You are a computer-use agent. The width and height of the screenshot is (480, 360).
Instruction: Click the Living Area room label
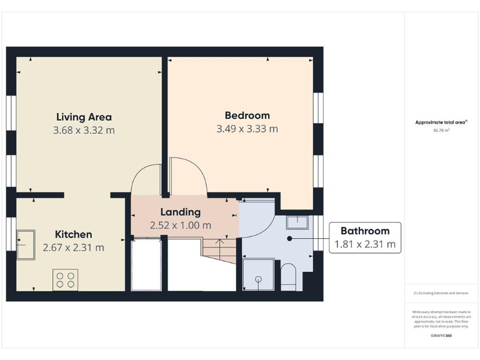(x=84, y=117)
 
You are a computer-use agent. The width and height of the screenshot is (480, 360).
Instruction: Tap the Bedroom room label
(x=247, y=116)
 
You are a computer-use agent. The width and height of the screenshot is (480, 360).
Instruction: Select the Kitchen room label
(x=73, y=234)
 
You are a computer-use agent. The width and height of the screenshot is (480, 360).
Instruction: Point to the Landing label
(x=180, y=212)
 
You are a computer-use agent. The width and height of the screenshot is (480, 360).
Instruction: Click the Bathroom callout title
(x=364, y=231)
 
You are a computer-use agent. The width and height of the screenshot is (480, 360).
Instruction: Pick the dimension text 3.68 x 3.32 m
(x=84, y=131)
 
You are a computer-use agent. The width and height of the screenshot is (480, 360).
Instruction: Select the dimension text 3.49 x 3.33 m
(x=247, y=129)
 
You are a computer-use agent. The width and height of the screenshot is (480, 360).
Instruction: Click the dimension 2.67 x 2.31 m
(x=73, y=248)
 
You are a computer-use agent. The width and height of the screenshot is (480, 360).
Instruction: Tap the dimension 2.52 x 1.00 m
(x=180, y=226)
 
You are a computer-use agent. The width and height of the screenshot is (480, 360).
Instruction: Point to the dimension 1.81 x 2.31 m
(x=365, y=245)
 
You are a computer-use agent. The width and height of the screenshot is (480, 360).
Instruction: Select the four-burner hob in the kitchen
(x=66, y=279)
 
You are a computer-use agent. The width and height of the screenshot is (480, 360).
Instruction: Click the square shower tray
(x=258, y=276)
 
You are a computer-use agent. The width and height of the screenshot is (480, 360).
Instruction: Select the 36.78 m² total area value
(x=441, y=131)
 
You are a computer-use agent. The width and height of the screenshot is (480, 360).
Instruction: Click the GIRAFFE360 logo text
(x=441, y=336)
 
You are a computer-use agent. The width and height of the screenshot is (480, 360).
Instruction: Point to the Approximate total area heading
(x=441, y=122)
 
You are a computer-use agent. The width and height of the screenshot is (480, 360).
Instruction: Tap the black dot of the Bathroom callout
(x=289, y=238)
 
